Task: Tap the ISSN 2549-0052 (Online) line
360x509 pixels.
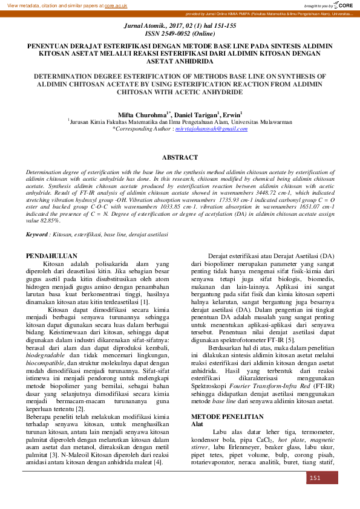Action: (x=180, y=34)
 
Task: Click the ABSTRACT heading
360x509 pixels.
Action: (x=180, y=157)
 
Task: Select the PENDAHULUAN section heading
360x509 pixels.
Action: (x=51, y=256)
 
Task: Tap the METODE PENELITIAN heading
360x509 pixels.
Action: (x=227, y=417)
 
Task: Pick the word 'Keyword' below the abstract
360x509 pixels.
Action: (x=38, y=233)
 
